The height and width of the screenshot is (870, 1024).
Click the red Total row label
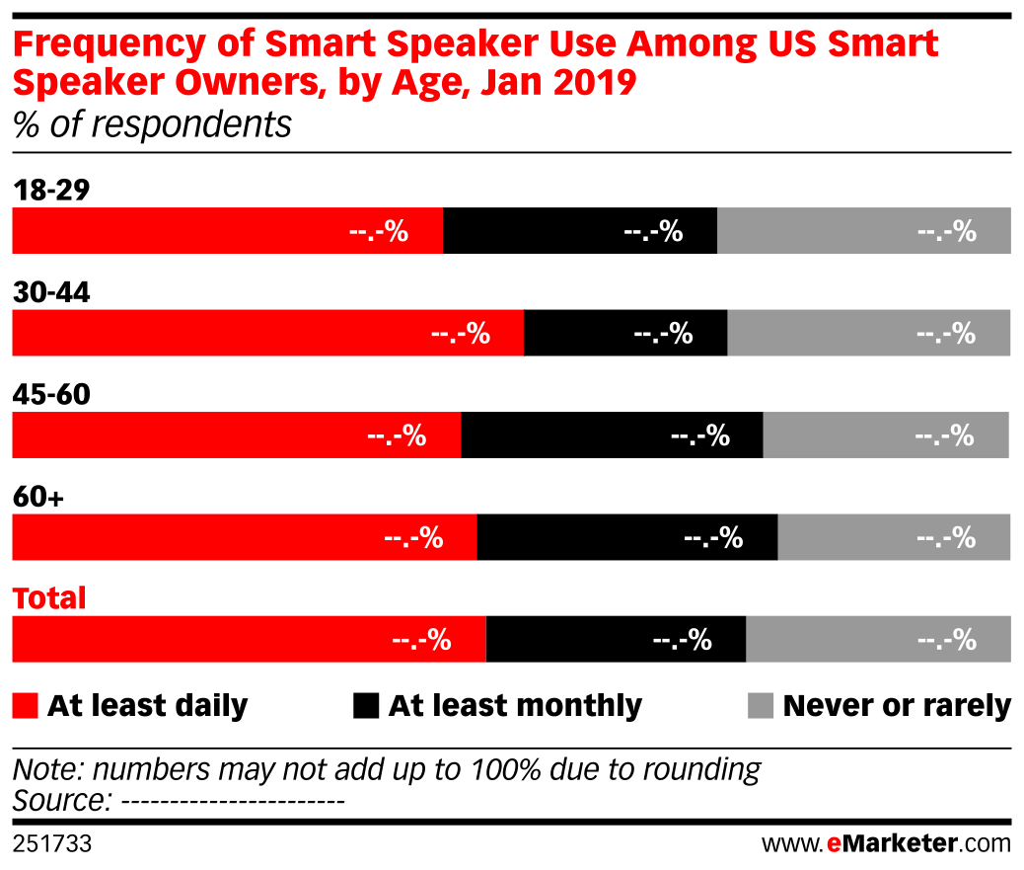pos(49,598)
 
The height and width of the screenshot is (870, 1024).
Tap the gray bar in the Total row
pos(878,639)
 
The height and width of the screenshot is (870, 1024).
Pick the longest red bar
pos(267,333)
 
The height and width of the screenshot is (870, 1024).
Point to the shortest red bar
pos(227,230)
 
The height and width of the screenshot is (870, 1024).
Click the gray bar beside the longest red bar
pos(869,333)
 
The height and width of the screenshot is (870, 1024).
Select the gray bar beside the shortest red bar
pos(863,230)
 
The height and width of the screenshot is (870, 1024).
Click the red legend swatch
pos(25,705)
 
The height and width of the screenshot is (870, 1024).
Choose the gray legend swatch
pos(761,705)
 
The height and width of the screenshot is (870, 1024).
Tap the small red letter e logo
pos(834,843)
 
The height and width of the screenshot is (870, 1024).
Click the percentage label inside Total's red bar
pos(421,640)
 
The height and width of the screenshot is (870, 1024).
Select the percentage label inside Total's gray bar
pos(946,640)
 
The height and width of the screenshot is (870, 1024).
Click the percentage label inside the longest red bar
pos(461,334)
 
